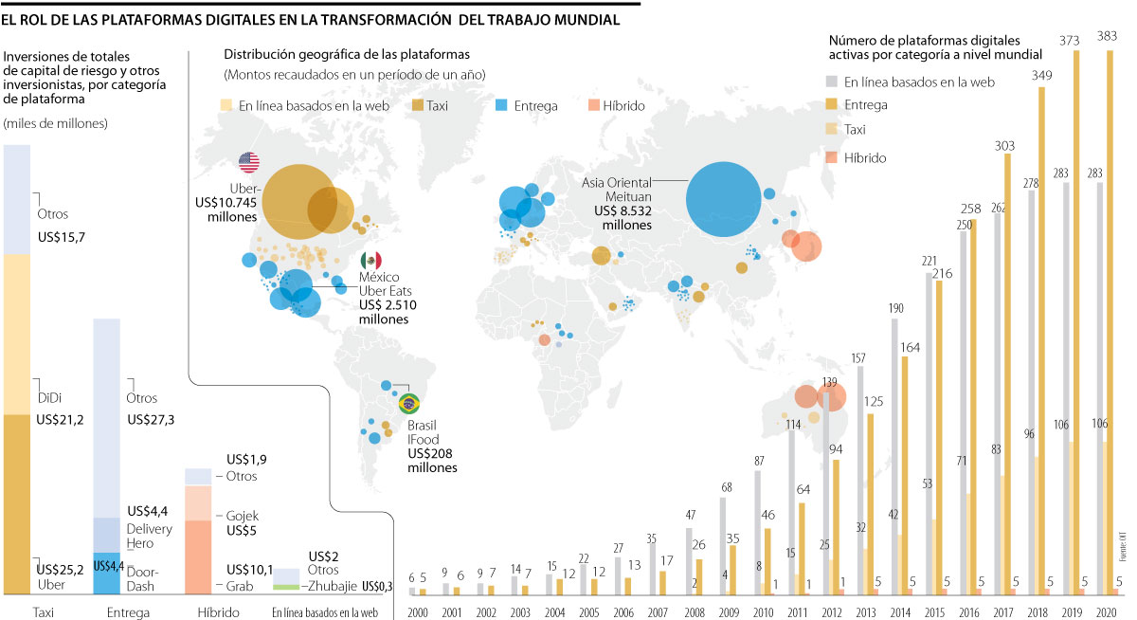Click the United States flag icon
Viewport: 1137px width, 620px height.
coord(249,162)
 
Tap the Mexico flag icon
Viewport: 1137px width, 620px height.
coord(371,260)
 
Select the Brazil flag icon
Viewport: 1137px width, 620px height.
coord(410,404)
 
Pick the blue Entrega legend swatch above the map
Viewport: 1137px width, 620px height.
coord(502,106)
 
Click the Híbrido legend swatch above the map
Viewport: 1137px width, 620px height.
coord(595,106)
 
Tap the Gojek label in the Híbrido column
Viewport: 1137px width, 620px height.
coord(241,516)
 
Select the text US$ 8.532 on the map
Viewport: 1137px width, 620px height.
coord(621,210)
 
